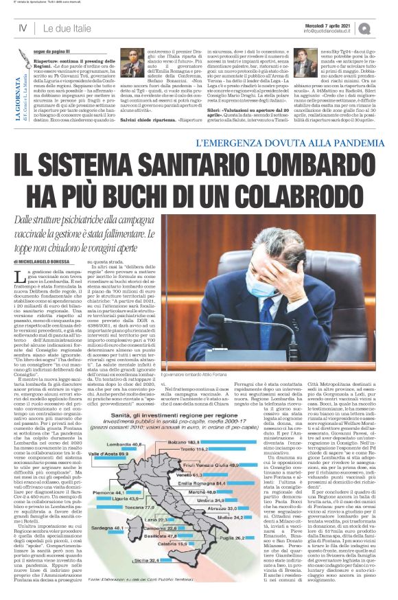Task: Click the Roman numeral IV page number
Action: (22, 27)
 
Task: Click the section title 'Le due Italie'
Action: (69, 27)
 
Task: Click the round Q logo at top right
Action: (383, 27)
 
